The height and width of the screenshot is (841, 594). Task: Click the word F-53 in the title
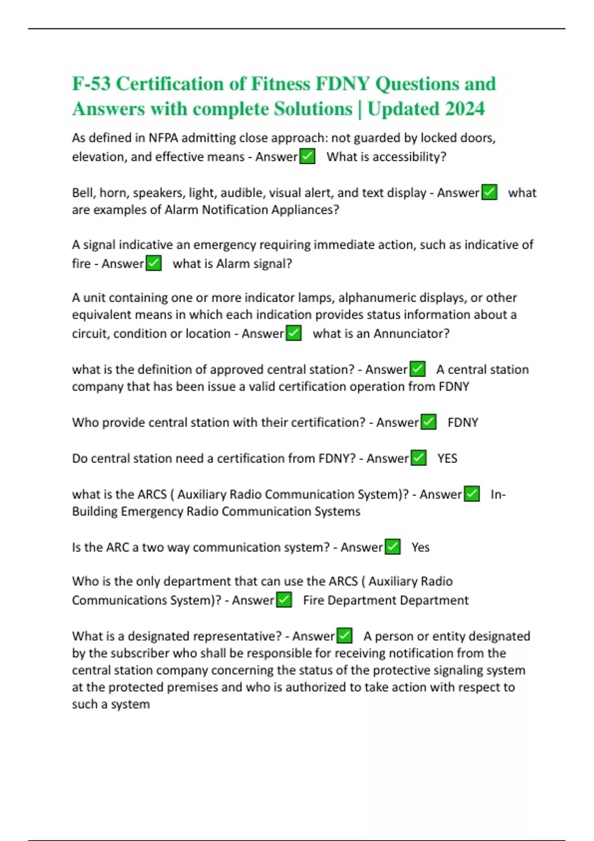(x=92, y=84)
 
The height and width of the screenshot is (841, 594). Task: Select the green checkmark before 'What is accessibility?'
(x=307, y=157)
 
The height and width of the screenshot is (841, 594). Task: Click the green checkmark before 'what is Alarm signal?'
(x=154, y=263)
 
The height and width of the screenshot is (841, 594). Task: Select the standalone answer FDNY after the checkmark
(x=463, y=422)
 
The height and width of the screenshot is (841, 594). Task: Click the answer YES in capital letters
(x=447, y=458)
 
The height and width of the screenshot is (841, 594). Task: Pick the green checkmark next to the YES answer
(x=419, y=458)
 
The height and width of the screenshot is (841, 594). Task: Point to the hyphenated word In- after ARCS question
(x=498, y=494)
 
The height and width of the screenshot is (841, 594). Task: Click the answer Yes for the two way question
(x=420, y=547)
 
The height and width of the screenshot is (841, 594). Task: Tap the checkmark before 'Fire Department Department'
(x=284, y=600)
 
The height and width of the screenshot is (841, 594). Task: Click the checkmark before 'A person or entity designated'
(x=345, y=636)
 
